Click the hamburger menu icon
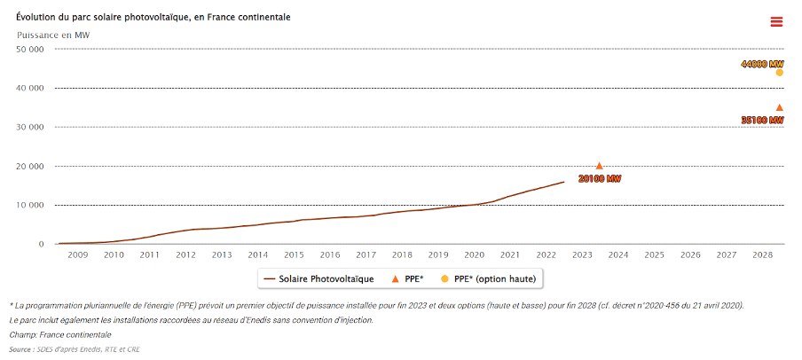tap(776, 22)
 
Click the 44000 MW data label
tap(763, 65)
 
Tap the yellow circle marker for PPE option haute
tap(779, 73)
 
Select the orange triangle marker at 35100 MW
tap(779, 107)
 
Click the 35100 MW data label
tap(762, 120)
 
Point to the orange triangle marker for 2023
tap(599, 166)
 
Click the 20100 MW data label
tap(599, 179)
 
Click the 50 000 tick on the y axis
tap(31, 49)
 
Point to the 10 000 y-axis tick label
tap(31, 205)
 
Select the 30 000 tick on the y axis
tap(31, 127)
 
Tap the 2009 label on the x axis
tap(76, 255)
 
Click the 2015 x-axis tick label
tap(294, 255)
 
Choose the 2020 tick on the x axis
tap(475, 255)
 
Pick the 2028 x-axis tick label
tap(762, 255)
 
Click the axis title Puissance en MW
tap(52, 35)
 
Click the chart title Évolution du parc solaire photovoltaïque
tap(153, 17)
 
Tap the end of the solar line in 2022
tap(563, 182)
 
